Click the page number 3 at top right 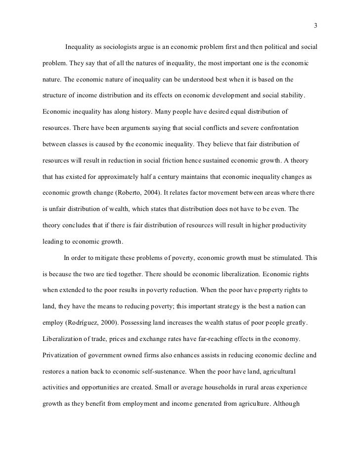315,26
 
